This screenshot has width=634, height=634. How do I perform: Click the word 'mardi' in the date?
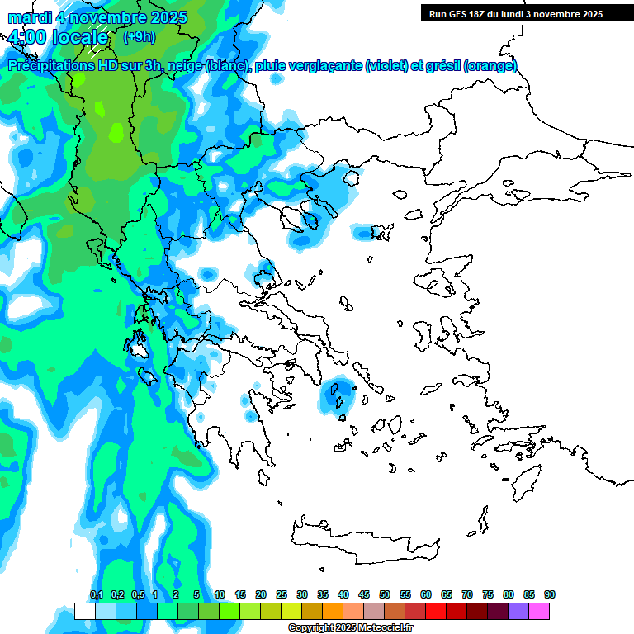pos(31,17)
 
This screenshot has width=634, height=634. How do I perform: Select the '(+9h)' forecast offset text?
pos(138,36)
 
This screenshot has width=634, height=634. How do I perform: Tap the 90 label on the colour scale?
pos(550,594)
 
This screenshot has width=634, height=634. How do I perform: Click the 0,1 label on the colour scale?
pos(97,594)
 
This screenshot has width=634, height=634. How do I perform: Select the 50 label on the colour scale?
pos(385,594)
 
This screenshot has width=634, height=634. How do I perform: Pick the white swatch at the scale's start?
pos(84,611)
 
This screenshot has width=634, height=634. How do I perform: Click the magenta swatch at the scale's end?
pos(539,611)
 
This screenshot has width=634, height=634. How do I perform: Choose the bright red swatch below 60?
pos(436,611)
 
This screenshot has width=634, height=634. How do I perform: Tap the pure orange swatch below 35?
pos(333,611)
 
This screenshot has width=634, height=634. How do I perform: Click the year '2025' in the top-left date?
pos(164,17)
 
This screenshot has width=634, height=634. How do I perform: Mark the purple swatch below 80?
pos(518,611)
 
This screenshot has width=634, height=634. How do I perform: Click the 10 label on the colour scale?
pos(220,594)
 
